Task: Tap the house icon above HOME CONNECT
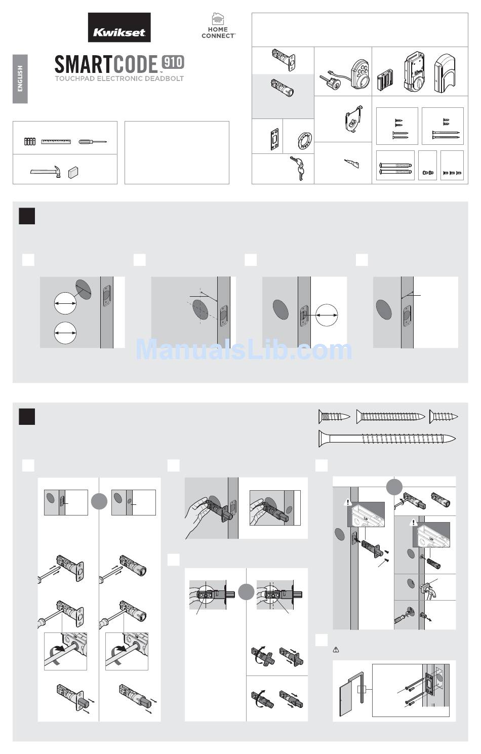pos(218,19)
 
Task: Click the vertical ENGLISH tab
pos(20,79)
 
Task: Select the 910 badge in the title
pos(173,62)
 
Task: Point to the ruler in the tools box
pos(56,141)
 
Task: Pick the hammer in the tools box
pos(46,171)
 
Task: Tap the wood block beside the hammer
pos(73,172)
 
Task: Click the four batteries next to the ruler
pos(30,141)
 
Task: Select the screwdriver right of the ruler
pos(93,142)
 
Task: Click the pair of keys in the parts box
pos(297,168)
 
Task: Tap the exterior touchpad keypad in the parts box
pos(360,75)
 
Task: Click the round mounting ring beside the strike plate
pos(305,141)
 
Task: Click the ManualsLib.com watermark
pos(244,350)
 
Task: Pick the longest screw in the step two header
pos(387,439)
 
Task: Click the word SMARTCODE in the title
pos(106,64)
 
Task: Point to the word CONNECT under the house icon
pos(218,35)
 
